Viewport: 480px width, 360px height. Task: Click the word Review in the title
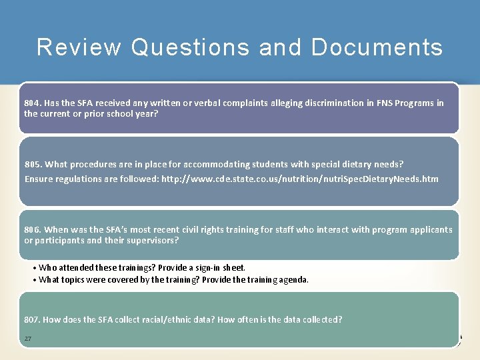[79, 47]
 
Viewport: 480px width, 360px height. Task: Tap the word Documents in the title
[377, 47]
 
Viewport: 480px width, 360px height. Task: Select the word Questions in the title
[191, 47]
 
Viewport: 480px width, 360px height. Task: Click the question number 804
[32, 103]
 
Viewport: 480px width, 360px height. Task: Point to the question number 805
[33, 164]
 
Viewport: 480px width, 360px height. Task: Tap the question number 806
[32, 230]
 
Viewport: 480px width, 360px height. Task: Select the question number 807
[32, 320]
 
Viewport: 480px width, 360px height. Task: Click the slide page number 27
[28, 339]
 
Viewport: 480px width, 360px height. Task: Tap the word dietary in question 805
[361, 164]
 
